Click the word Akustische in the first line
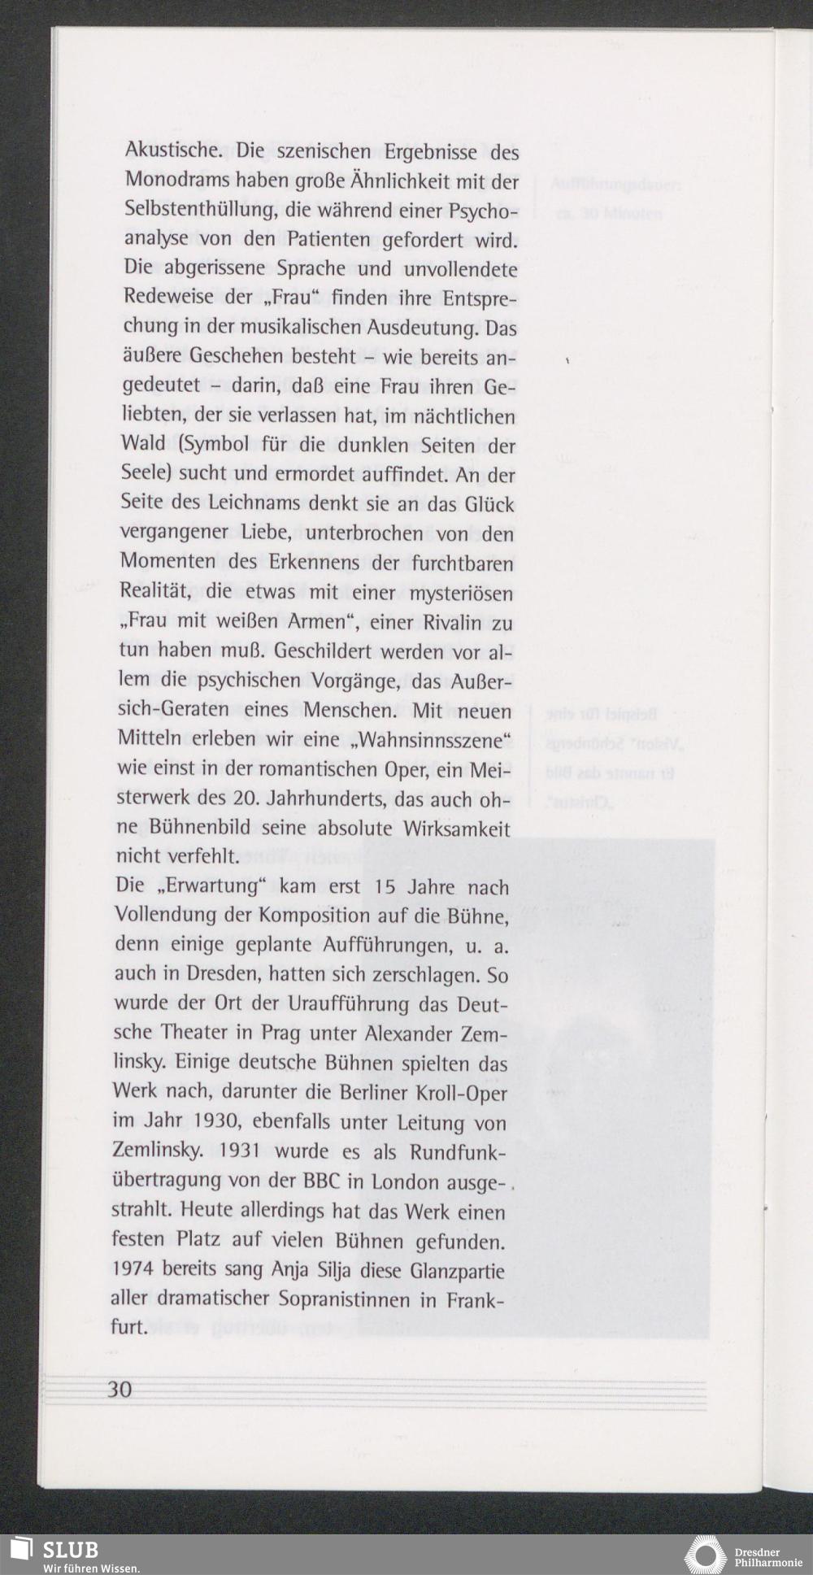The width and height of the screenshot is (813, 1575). click(x=171, y=152)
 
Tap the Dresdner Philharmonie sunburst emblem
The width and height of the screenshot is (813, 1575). click(x=705, y=1555)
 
